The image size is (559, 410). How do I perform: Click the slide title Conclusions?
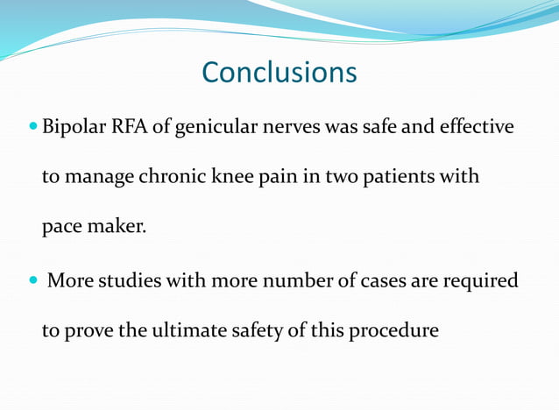click(279, 72)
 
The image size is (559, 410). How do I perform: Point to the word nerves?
click(290, 128)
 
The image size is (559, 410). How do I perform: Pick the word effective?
click(477, 128)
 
